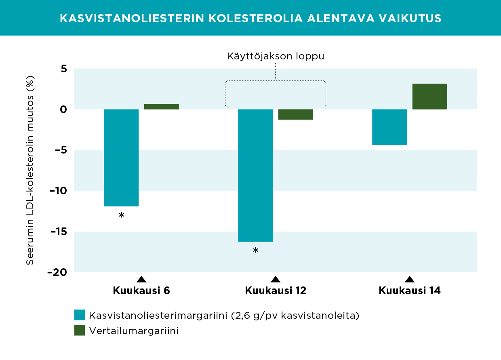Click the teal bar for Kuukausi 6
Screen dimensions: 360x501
coord(121,158)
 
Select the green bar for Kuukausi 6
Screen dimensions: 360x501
coord(161,107)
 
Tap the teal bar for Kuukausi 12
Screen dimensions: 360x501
coord(255,175)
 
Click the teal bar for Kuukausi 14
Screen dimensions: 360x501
coord(389,127)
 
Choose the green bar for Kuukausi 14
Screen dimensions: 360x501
coord(429,97)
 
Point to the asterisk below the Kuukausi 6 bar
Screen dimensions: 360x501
coord(121,216)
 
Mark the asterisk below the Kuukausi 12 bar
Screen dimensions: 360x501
coord(255,251)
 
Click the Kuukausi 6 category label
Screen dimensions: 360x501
coord(141,291)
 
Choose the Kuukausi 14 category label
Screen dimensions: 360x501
coord(410,291)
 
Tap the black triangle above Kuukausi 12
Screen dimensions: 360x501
coord(276,280)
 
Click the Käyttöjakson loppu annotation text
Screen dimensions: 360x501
coord(276,56)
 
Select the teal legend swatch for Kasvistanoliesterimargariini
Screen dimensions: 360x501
coord(80,315)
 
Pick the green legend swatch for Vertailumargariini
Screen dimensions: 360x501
coord(80,331)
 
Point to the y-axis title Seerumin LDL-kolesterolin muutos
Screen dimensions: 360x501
coord(30,170)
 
